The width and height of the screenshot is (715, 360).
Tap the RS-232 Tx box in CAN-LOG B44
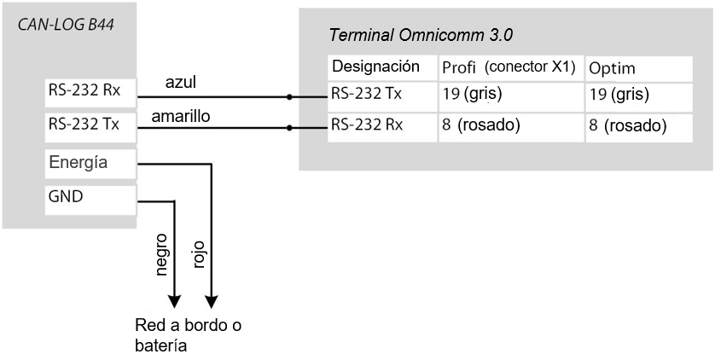(89, 125)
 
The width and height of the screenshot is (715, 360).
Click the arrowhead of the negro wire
(175, 303)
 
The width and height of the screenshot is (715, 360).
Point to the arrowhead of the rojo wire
(211, 303)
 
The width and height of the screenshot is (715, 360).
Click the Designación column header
(376, 67)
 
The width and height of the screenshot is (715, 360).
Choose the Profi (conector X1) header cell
(509, 67)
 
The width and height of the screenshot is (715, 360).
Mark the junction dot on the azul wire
(290, 97)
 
